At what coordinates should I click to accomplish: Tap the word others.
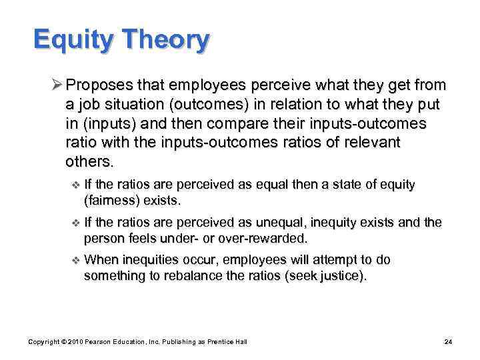pyautogui.click(x=90, y=162)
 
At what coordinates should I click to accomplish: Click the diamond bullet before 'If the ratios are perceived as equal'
pyautogui.click(x=75, y=185)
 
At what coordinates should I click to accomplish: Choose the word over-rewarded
pyautogui.click(x=265, y=238)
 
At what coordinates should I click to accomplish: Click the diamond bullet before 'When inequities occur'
pyautogui.click(x=75, y=261)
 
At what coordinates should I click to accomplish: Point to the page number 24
pyautogui.click(x=448, y=342)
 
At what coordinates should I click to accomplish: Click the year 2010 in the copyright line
pyautogui.click(x=75, y=342)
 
